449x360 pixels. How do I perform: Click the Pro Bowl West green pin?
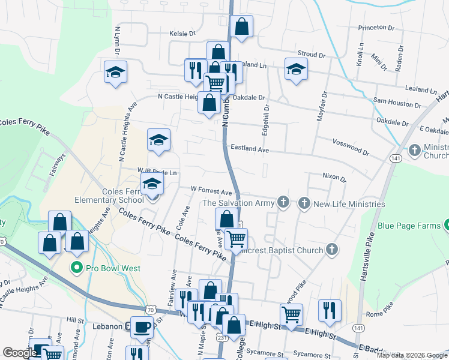tap(76, 268)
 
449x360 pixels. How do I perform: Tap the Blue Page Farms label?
tap(408, 226)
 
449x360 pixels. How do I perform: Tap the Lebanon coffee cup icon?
tap(142, 327)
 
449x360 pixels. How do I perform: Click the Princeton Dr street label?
tap(376, 28)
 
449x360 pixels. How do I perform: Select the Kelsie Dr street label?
tap(182, 34)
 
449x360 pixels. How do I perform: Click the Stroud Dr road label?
tap(311, 55)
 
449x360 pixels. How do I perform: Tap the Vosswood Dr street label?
tap(351, 145)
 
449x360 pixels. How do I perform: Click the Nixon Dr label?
tap(334, 177)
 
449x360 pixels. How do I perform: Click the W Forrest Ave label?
tap(211, 191)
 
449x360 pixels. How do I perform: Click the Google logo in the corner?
tap(19, 352)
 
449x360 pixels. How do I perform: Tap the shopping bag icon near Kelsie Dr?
tap(241, 26)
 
